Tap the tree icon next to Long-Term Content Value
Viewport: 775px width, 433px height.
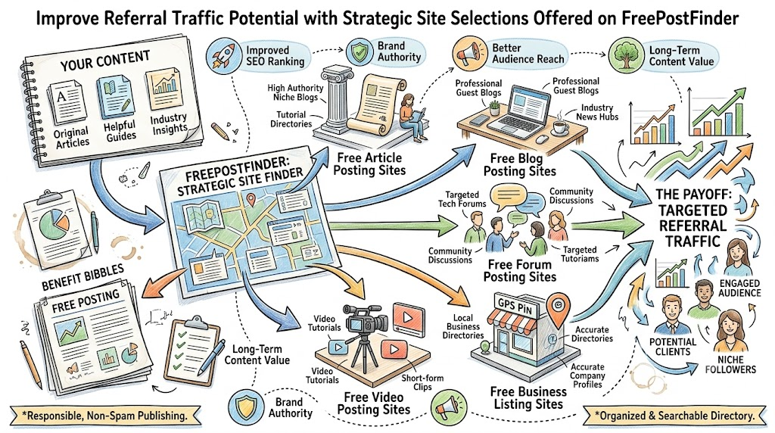tap(626, 55)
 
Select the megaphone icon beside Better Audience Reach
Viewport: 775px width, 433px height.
tap(468, 52)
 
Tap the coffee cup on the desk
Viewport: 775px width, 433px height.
tap(559, 127)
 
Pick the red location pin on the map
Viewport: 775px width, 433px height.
tap(251, 200)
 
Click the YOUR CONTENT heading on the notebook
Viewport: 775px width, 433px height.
tap(104, 61)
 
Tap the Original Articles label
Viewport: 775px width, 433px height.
tap(72, 138)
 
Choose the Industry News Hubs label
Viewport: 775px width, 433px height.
tap(596, 112)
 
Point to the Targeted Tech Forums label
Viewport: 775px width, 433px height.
tap(462, 199)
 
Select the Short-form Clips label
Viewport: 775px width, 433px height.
tap(422, 382)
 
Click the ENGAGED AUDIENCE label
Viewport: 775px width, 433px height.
tap(739, 288)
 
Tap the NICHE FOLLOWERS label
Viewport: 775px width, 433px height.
tap(730, 365)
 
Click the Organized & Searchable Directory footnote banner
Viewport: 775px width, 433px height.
tap(675, 416)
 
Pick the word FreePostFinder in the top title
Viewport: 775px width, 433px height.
tap(684, 19)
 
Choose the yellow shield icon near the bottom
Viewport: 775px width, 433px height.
tap(246, 407)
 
